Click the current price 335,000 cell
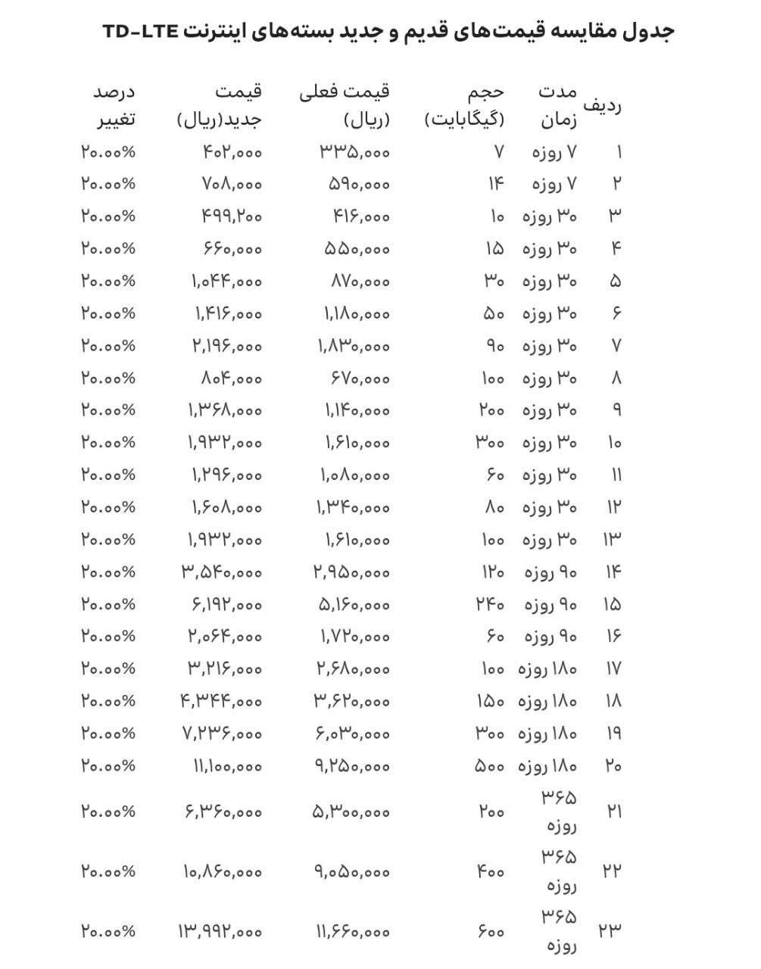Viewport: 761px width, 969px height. (354, 152)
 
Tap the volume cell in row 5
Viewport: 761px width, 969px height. (494, 281)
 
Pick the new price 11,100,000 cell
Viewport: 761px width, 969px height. (226, 766)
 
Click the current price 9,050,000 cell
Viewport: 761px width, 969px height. (351, 871)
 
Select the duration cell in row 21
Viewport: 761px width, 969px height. (560, 812)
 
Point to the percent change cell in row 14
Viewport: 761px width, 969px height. (108, 572)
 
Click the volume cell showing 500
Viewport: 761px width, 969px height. (489, 766)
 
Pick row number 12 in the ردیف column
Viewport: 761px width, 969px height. (613, 507)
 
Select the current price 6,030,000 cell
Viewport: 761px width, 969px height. (351, 733)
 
